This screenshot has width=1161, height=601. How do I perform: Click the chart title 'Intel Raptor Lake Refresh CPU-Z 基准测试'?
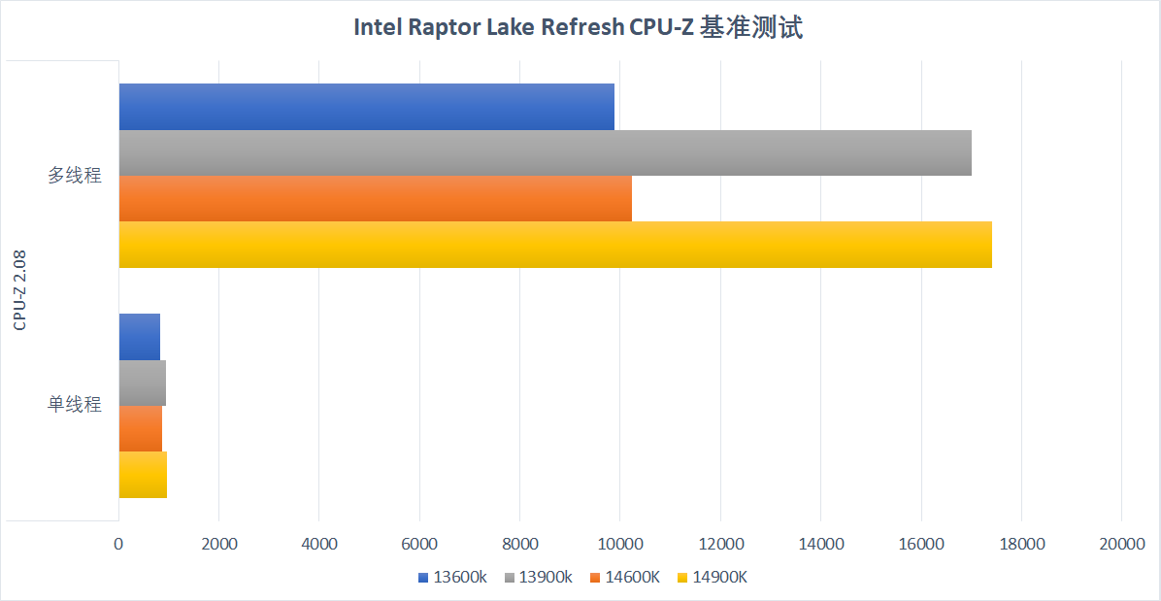[579, 28]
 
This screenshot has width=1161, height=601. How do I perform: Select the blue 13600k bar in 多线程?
[367, 107]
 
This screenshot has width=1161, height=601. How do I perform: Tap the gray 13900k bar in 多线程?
[545, 153]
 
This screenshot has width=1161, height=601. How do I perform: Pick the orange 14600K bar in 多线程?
[376, 198]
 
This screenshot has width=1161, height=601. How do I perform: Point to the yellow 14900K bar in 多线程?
[555, 245]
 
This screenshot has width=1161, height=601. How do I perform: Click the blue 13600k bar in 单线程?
[139, 337]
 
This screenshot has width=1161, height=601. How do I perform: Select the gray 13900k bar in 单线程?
[142, 383]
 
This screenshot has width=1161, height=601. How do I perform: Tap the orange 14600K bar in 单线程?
[141, 428]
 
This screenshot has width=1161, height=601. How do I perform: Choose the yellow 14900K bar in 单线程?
[143, 475]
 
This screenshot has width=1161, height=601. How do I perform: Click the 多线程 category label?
[75, 176]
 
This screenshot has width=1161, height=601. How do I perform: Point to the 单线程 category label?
[75, 406]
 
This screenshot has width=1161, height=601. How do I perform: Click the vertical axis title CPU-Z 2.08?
[20, 291]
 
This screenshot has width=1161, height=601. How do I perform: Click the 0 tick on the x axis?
[118, 545]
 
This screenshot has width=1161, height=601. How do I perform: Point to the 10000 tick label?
[620, 545]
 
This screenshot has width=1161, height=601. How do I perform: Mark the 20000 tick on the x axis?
[1122, 545]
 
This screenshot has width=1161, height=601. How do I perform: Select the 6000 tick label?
[419, 545]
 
